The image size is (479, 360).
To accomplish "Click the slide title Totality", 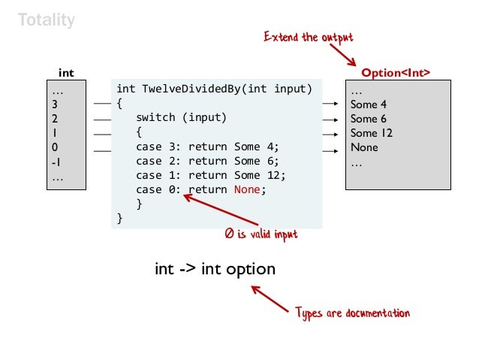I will pos(47,20).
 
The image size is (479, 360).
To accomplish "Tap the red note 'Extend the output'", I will pos(308,37).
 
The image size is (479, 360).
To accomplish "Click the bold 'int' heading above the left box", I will pos(66,73).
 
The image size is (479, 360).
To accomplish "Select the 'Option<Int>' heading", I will pos(396,73).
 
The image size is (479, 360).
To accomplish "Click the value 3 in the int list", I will pos(55,104).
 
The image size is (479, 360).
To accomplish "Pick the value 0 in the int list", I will pos(55,147).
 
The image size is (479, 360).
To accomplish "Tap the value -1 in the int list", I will pos(56,162).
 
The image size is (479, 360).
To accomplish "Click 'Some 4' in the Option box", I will pos(368,104).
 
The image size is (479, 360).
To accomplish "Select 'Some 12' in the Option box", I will pos(371,133).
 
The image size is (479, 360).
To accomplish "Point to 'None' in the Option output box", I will pos(364,147).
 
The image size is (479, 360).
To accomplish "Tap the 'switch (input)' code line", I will pos(181,118).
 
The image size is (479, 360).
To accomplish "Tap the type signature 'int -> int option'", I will pos(215,268).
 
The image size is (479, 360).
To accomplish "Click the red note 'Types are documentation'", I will pos(352,313).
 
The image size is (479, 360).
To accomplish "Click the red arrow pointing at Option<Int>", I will pos(342,53).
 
